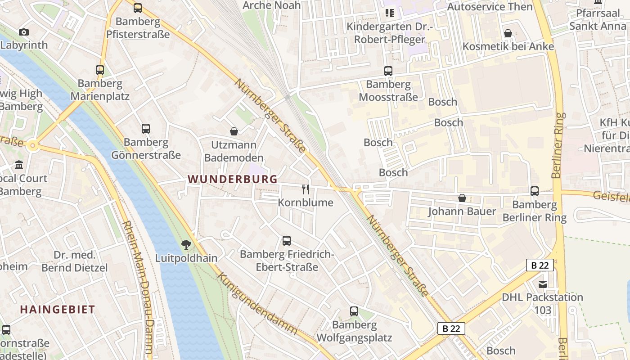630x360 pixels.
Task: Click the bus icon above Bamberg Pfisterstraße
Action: click(138, 8)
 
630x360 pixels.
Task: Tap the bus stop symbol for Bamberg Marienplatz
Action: click(100, 70)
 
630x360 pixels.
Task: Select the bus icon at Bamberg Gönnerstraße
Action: click(146, 129)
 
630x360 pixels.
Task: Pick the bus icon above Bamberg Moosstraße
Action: click(388, 71)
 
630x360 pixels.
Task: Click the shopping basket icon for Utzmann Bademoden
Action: click(234, 131)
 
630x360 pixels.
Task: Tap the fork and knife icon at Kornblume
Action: click(306, 189)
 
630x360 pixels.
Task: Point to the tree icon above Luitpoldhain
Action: click(186, 245)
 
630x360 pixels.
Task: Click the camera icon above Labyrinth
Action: click(24, 32)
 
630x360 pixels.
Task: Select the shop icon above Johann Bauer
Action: click(462, 198)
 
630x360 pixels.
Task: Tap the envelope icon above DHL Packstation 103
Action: click(543, 284)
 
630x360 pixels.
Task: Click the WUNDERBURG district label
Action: click(233, 179)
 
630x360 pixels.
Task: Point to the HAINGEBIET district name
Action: click(58, 310)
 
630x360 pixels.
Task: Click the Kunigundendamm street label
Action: click(258, 303)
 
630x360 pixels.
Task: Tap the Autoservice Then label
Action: click(490, 7)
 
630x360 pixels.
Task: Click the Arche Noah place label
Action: click(265, 5)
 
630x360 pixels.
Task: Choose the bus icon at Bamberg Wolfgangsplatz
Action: click(354, 311)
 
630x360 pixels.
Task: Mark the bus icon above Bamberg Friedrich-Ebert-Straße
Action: click(287, 241)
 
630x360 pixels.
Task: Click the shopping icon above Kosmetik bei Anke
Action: click(508, 33)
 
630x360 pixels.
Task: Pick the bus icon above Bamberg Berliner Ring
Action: click(535, 191)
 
